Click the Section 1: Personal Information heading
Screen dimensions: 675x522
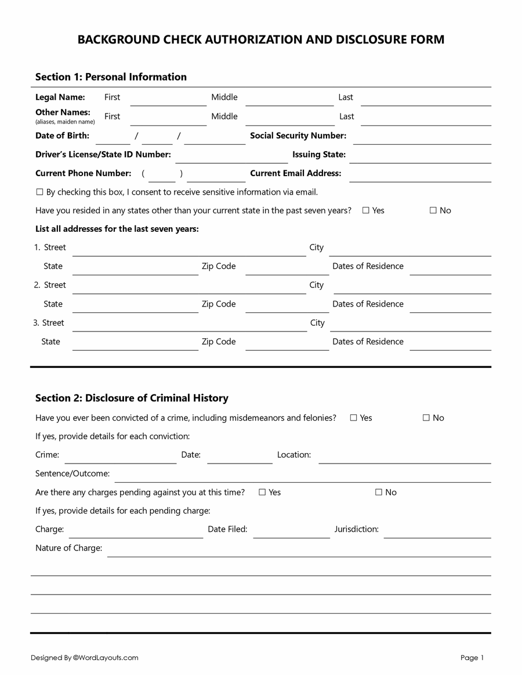pos(111,77)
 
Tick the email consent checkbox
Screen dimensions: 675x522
pos(39,192)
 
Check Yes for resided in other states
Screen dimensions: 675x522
pos(366,210)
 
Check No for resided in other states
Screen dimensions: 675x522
pos(433,210)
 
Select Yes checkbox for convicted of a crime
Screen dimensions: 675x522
pos(353,418)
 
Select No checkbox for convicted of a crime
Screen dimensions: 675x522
pos(426,418)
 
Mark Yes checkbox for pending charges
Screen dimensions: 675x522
pos(262,492)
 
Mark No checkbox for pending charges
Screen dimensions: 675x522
pos(379,492)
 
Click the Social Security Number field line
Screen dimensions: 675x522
pos(422,140)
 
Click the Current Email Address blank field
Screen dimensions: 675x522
pos(420,177)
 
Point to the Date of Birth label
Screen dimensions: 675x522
pos(62,136)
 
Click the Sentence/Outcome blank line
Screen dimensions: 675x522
pos(302,477)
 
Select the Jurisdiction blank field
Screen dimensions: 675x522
pos(437,533)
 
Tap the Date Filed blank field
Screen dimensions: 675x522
pos(291,533)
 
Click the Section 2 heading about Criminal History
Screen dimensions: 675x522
pos(132,398)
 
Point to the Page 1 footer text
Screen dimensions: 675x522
pos(472,658)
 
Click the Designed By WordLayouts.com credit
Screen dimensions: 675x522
pos(85,658)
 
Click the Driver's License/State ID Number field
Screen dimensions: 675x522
pos(231,159)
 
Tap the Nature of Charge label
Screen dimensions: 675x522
pos(68,548)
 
